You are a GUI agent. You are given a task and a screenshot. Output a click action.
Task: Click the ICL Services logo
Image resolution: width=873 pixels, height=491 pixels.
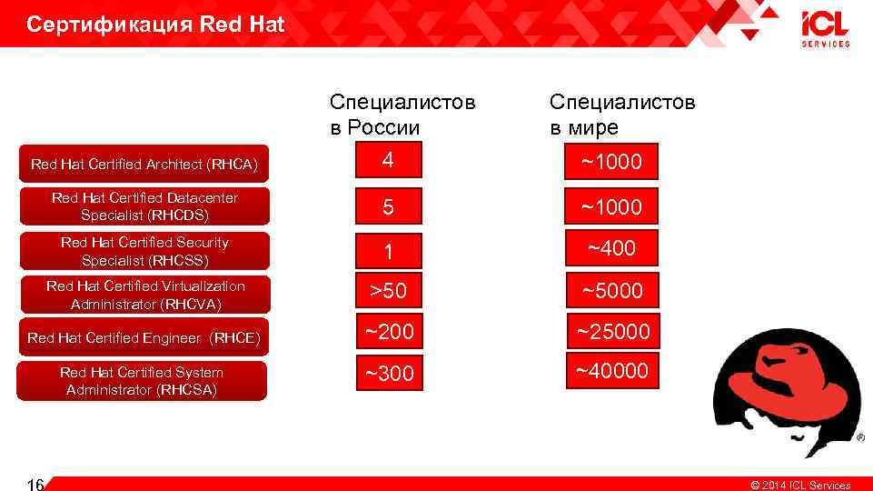click(x=825, y=28)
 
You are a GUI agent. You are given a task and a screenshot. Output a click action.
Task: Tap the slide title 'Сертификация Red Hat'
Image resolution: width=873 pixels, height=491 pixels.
click(x=155, y=25)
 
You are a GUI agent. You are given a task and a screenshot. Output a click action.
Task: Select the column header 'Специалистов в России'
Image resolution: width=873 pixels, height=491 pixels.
click(x=402, y=115)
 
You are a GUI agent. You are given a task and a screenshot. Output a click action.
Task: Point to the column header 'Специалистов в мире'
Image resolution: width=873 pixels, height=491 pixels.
click(x=622, y=115)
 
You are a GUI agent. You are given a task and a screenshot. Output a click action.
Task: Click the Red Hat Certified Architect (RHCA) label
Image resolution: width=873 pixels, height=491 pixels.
click(x=144, y=165)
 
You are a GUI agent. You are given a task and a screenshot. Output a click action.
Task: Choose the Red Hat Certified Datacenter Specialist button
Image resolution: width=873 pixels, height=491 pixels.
click(x=144, y=206)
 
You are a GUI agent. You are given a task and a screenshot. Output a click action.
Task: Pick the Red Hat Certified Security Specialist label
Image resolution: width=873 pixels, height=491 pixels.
click(x=144, y=251)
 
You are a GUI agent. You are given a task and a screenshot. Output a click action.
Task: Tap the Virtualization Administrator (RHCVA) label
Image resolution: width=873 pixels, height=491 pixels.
click(x=144, y=295)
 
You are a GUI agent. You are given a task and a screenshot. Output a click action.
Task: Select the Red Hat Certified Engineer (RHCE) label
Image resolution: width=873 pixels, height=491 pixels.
click(x=144, y=337)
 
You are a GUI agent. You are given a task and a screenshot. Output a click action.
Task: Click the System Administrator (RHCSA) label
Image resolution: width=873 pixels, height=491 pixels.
click(x=144, y=381)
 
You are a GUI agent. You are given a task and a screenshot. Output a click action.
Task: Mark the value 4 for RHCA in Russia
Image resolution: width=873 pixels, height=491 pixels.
click(x=388, y=161)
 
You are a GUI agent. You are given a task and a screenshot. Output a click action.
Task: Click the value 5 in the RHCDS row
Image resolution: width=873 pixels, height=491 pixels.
click(x=388, y=206)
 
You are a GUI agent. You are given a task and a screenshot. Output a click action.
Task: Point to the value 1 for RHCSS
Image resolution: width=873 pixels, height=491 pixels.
click(x=388, y=252)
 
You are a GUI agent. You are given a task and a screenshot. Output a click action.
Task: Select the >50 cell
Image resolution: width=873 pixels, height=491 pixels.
click(x=388, y=292)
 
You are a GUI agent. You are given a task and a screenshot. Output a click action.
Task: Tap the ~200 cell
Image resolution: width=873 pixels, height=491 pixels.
click(x=388, y=333)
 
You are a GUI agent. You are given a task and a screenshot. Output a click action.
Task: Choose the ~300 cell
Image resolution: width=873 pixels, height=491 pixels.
click(x=388, y=374)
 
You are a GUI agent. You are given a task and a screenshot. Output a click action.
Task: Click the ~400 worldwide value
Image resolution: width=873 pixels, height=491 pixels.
click(x=611, y=248)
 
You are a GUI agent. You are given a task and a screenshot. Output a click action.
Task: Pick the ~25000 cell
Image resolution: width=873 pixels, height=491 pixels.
click(x=611, y=333)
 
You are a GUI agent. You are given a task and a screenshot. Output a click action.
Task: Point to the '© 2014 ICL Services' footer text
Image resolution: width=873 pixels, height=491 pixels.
click(x=799, y=485)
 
